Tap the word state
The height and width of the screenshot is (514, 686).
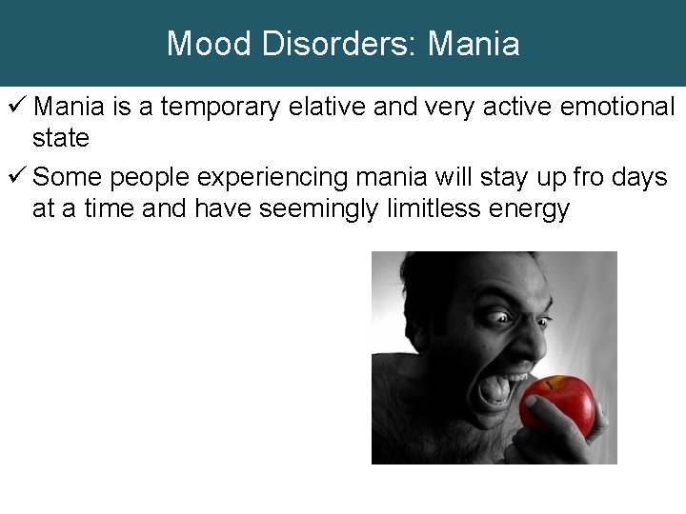pos(61,139)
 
